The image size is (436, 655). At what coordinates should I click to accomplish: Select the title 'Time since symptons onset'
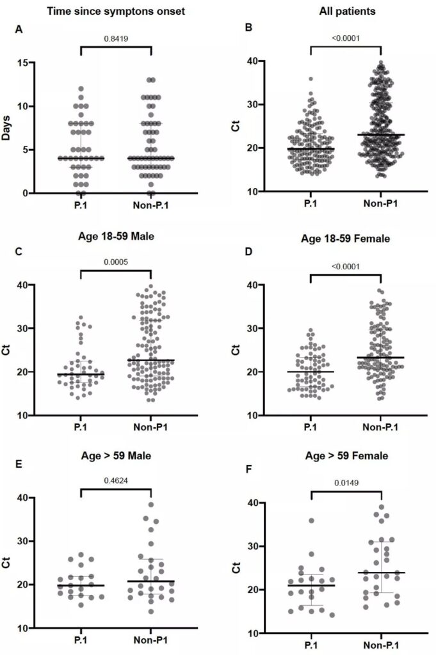[x=115, y=11]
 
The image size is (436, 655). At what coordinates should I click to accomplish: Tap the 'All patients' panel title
[x=345, y=11]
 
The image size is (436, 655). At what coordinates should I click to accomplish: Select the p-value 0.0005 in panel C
[x=116, y=261]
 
